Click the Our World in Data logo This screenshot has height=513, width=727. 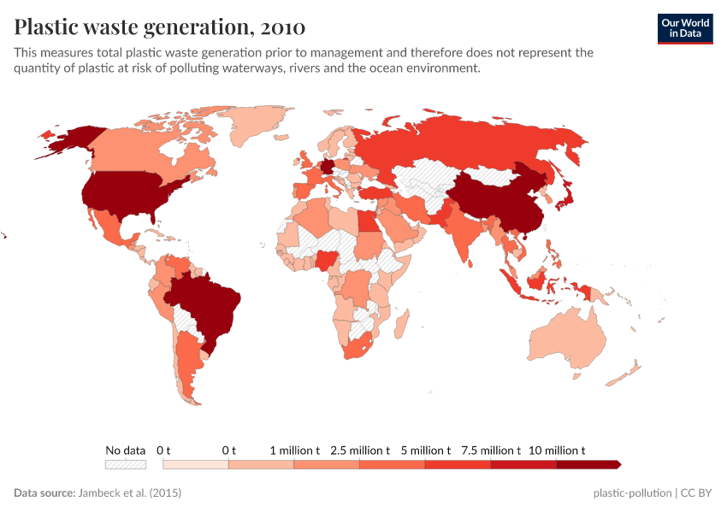click(x=684, y=27)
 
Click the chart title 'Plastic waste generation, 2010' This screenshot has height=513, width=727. click(x=159, y=27)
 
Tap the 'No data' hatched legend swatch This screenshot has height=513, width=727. click(x=125, y=464)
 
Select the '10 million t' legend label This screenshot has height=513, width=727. click(x=557, y=450)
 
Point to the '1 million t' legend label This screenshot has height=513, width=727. click(x=295, y=450)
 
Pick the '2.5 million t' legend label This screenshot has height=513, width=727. click(x=360, y=450)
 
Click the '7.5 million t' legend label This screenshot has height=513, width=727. click(x=491, y=450)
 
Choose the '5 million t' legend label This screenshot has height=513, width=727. click(x=425, y=450)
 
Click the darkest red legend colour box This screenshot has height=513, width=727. click(x=588, y=464)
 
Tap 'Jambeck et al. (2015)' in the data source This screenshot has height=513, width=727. click(x=129, y=493)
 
